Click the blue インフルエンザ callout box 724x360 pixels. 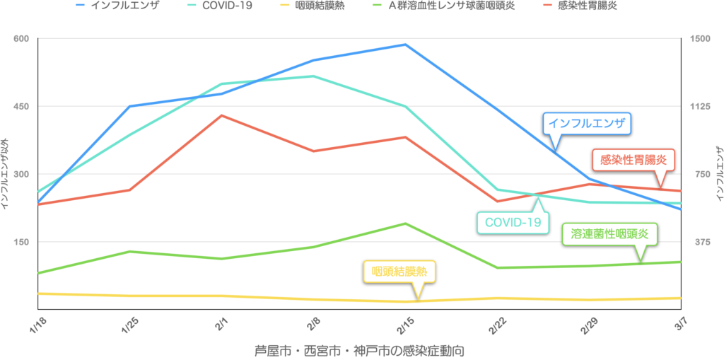[x=587, y=124]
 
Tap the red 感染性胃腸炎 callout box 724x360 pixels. [x=633, y=160]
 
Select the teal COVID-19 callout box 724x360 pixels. [x=513, y=223]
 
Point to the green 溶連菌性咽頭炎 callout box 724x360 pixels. [x=609, y=233]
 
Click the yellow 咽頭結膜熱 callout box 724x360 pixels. [x=399, y=272]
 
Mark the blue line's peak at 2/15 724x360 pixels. [x=404, y=45]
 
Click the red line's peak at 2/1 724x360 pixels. [x=222, y=115]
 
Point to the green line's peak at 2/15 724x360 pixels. [x=404, y=223]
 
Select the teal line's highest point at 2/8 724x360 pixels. [x=313, y=76]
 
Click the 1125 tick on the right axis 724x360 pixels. [x=700, y=106]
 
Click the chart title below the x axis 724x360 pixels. [x=362, y=350]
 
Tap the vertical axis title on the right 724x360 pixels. [x=718, y=173]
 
